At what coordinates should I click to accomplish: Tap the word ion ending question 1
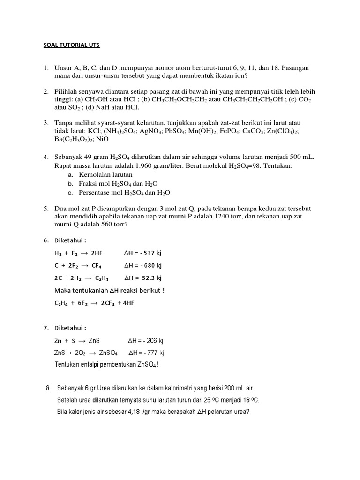pyautogui.click(x=242, y=75)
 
